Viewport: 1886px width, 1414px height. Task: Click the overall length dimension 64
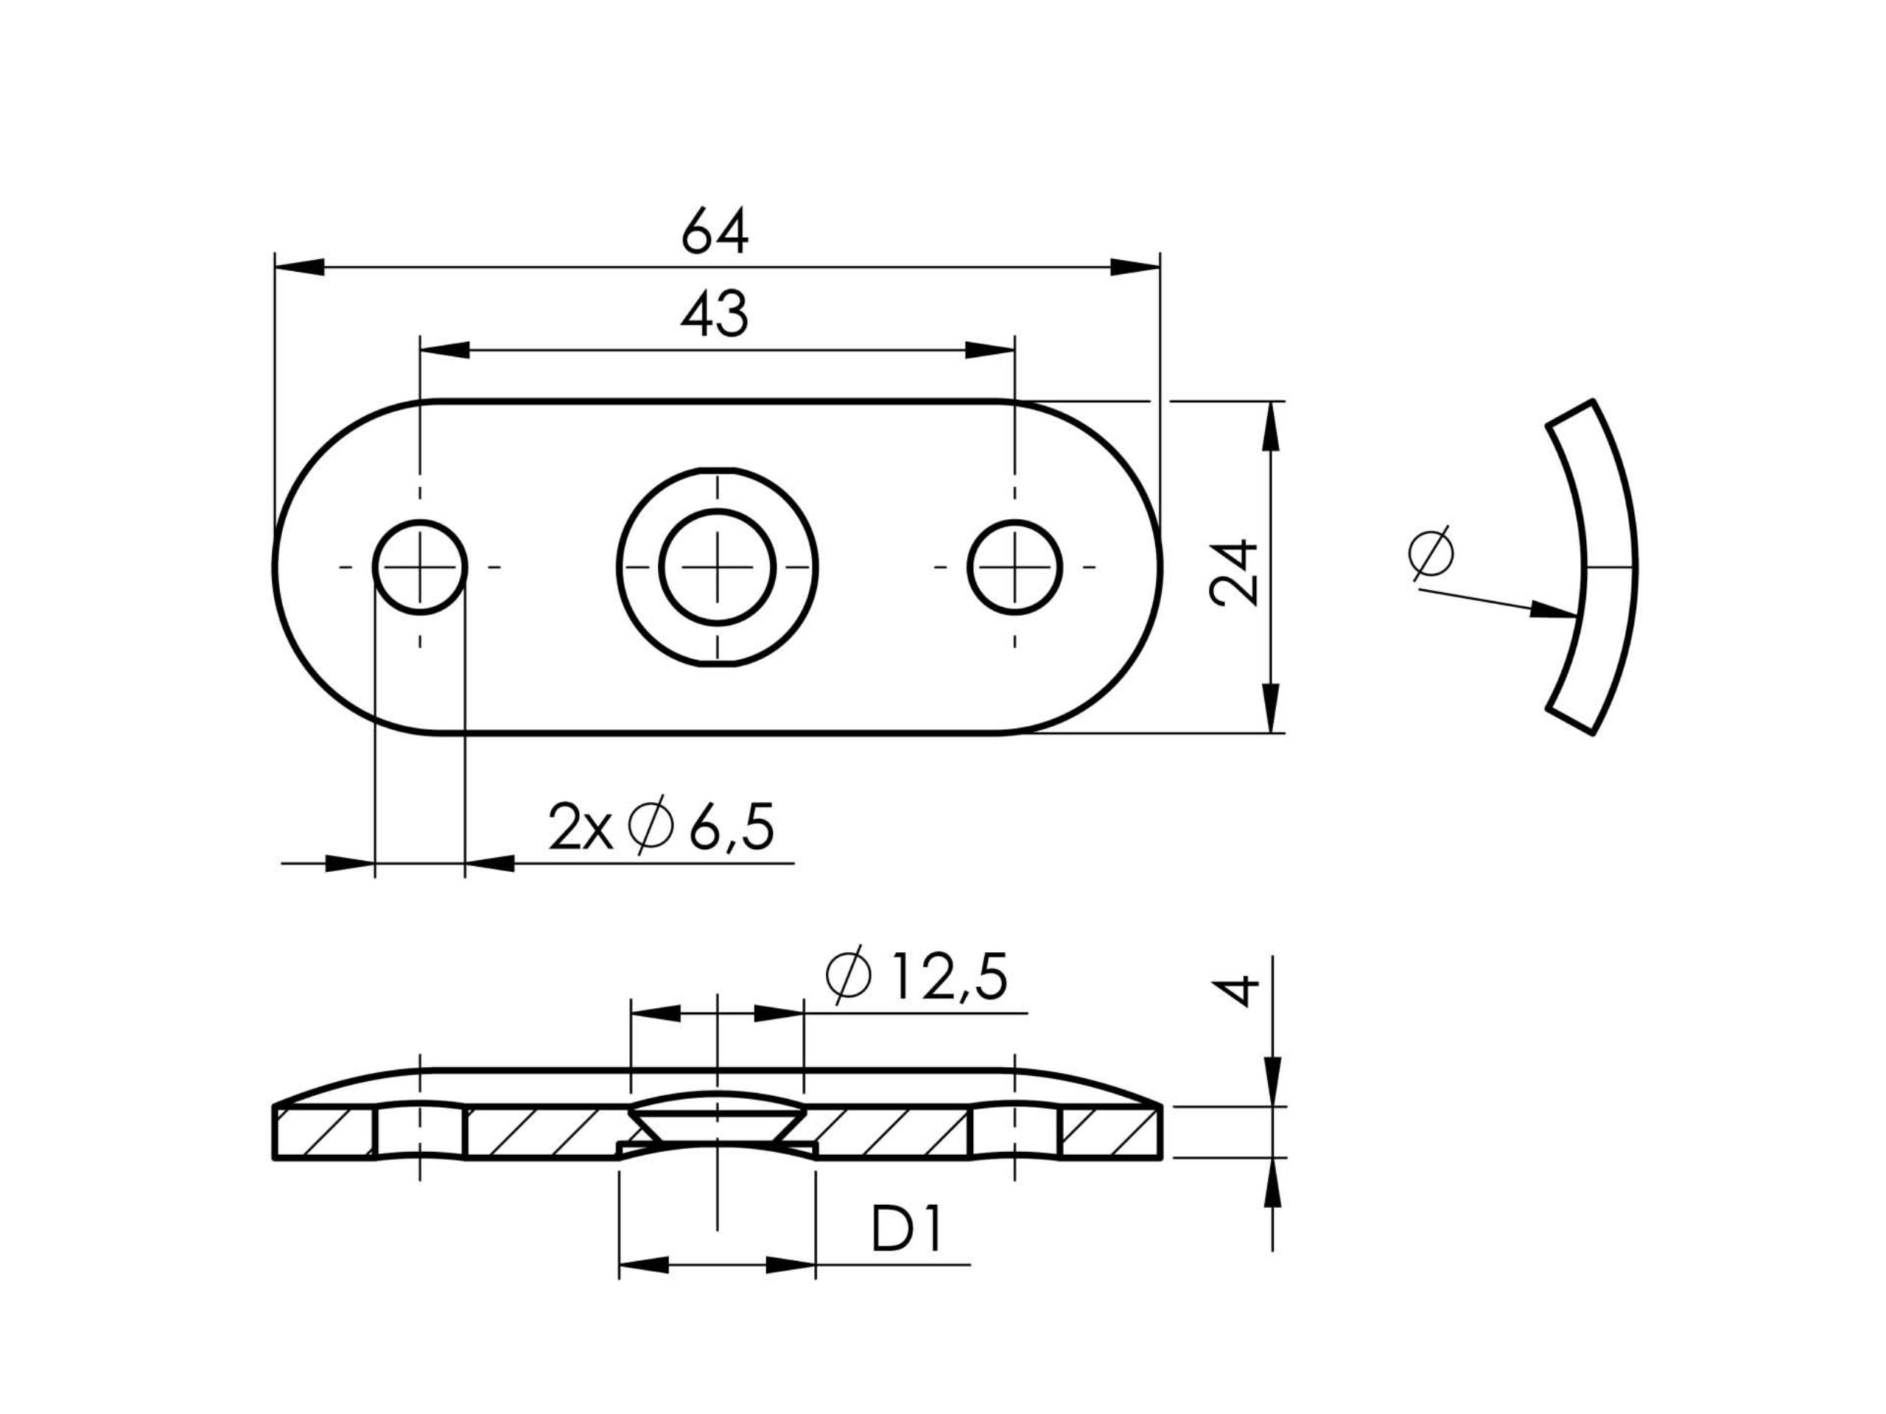[715, 230]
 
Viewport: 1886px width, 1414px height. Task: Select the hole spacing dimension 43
[715, 313]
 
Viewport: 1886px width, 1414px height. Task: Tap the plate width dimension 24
[1234, 572]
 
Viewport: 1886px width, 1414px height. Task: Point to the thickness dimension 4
[1234, 991]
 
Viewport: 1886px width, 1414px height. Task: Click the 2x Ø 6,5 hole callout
[661, 827]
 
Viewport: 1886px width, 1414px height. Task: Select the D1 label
[906, 1230]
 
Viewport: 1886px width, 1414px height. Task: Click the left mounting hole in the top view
[419, 567]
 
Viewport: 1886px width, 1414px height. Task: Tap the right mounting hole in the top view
[1014, 567]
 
